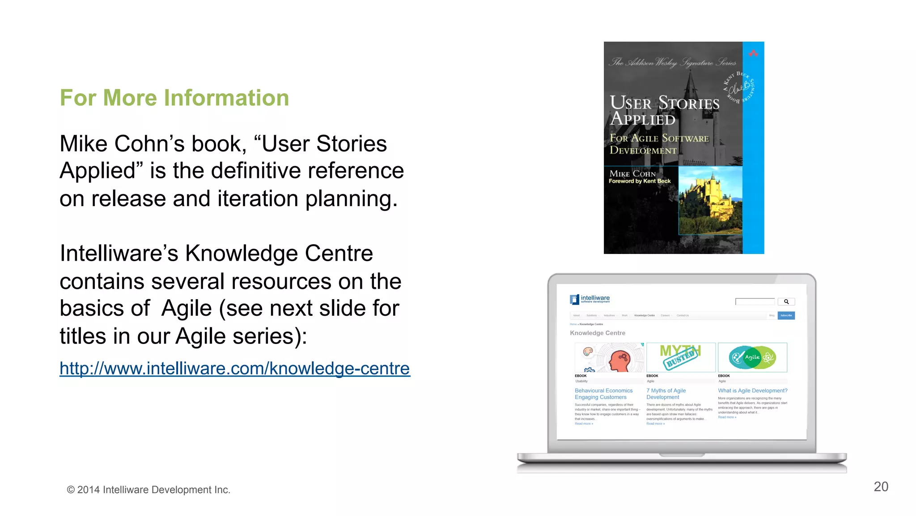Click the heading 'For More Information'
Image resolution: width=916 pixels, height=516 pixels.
tap(174, 98)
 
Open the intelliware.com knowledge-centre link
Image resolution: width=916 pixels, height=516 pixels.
tap(235, 368)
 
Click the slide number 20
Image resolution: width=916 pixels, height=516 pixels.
tap(881, 486)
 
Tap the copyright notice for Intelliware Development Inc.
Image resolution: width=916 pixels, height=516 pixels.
tap(148, 490)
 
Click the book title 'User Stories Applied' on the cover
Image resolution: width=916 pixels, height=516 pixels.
tap(664, 111)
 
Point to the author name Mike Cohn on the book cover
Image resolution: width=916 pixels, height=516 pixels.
tap(632, 173)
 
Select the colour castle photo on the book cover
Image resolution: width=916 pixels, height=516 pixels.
tap(710, 200)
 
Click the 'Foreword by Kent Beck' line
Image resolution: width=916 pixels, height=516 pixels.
tap(640, 181)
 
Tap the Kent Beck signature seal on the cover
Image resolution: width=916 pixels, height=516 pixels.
tap(739, 87)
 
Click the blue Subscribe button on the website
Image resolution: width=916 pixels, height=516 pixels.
tap(786, 315)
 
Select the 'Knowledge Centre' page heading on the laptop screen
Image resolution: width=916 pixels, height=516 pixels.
tap(598, 333)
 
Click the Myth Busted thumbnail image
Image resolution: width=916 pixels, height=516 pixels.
tap(680, 357)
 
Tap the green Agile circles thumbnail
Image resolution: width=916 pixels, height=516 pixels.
tap(752, 357)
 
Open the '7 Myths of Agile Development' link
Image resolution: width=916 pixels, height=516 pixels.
tap(666, 394)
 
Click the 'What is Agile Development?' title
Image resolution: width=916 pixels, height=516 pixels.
tap(752, 391)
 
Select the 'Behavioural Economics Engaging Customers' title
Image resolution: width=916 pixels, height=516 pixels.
tap(603, 394)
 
